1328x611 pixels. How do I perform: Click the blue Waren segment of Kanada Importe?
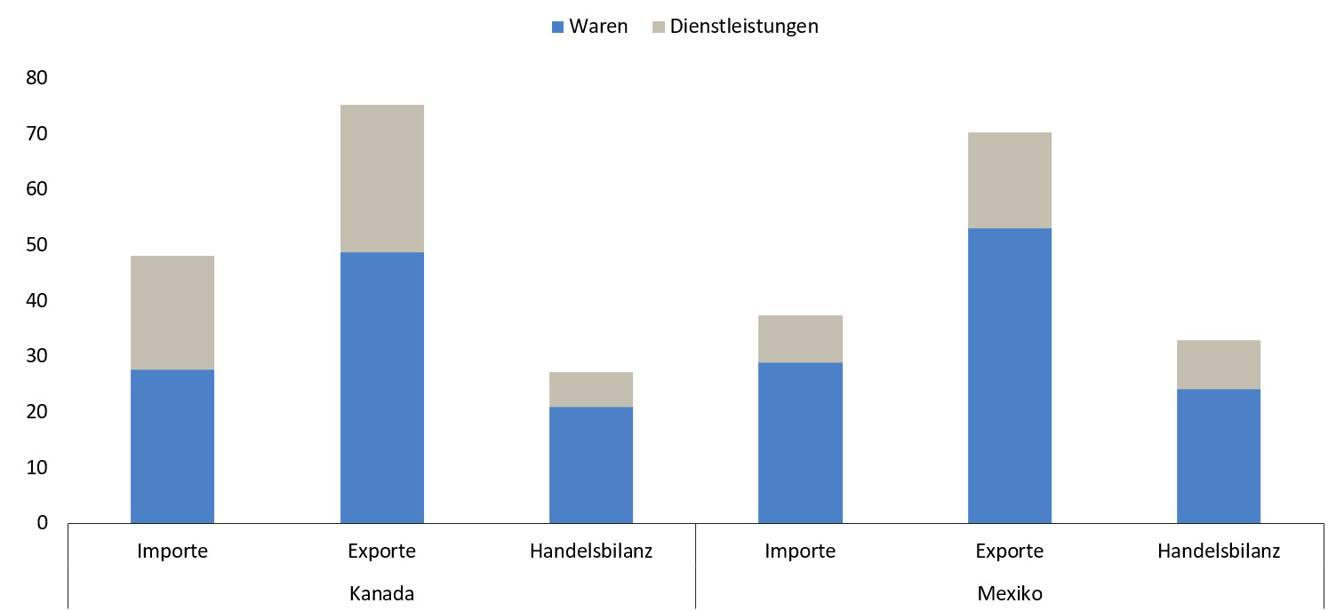172,446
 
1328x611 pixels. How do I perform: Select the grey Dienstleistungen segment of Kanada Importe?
172,313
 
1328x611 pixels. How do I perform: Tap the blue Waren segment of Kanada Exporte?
381,387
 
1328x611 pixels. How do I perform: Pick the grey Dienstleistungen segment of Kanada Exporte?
381,179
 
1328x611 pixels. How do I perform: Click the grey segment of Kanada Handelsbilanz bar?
591,389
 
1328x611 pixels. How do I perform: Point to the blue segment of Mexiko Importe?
800,442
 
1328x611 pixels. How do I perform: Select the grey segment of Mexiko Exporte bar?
1009,180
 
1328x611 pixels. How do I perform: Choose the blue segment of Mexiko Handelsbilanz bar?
1218,456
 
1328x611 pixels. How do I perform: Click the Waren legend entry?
598,27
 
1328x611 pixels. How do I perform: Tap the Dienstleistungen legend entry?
743,27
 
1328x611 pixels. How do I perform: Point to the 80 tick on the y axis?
37,78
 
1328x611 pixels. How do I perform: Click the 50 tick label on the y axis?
37,245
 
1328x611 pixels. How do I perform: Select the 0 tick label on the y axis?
43,523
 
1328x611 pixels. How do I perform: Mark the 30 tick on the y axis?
37,356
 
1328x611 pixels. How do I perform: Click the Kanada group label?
381,592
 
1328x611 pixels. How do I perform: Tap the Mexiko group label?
1009,592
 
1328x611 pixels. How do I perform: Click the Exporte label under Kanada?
381,551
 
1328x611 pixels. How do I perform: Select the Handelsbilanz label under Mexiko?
1218,551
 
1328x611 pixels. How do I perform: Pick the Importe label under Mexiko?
800,551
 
